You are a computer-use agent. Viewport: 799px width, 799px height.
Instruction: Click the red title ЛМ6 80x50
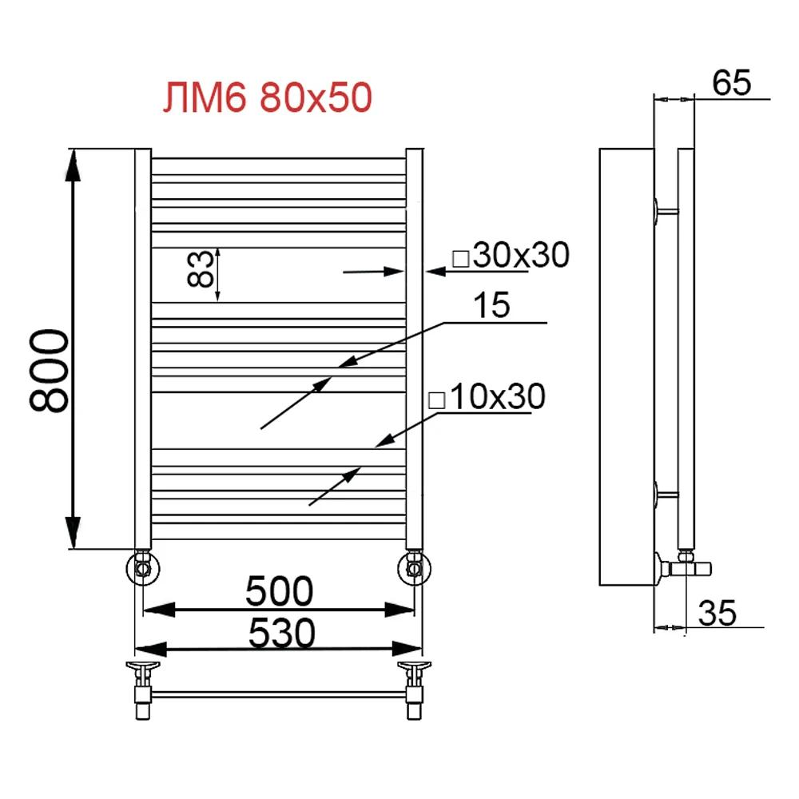click(x=268, y=97)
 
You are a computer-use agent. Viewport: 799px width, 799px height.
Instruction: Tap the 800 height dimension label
click(x=50, y=371)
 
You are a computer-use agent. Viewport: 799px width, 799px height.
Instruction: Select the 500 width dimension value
click(x=279, y=591)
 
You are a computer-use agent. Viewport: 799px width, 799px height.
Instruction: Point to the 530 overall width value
click(x=282, y=633)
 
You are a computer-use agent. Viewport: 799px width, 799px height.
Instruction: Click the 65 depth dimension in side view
click(x=731, y=82)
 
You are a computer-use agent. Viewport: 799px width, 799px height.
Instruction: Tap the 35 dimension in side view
click(x=718, y=613)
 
